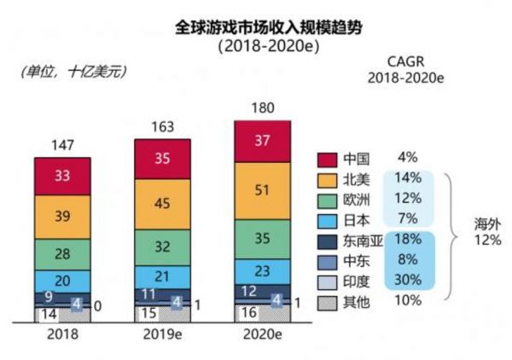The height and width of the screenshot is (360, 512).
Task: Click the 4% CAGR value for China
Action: coord(407,158)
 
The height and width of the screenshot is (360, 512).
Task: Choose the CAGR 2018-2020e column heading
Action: coord(407,68)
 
